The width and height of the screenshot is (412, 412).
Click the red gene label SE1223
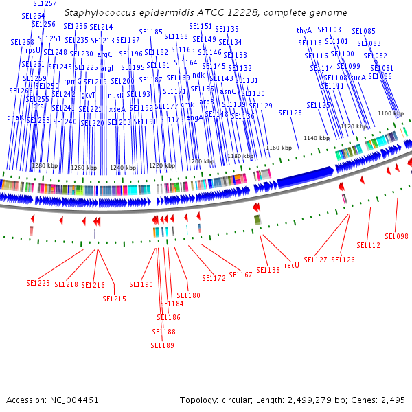coord(38,282)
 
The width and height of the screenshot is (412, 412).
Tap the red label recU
coord(292,264)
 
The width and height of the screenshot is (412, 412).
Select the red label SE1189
coord(162,345)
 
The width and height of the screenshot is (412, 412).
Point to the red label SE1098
coord(396,236)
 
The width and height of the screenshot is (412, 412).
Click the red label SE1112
coord(368,245)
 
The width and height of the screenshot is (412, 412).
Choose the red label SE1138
coord(268,270)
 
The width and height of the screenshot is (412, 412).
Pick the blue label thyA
coord(304,30)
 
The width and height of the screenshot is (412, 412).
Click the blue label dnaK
coord(15,117)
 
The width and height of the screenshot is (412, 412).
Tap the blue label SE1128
coord(290,113)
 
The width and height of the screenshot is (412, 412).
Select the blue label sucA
coord(358,78)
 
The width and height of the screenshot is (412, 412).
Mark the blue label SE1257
coord(45,4)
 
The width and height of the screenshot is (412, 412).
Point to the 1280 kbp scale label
coord(45,165)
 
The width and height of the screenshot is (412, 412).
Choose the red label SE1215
coord(115,299)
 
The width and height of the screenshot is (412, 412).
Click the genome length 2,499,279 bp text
coord(311,400)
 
